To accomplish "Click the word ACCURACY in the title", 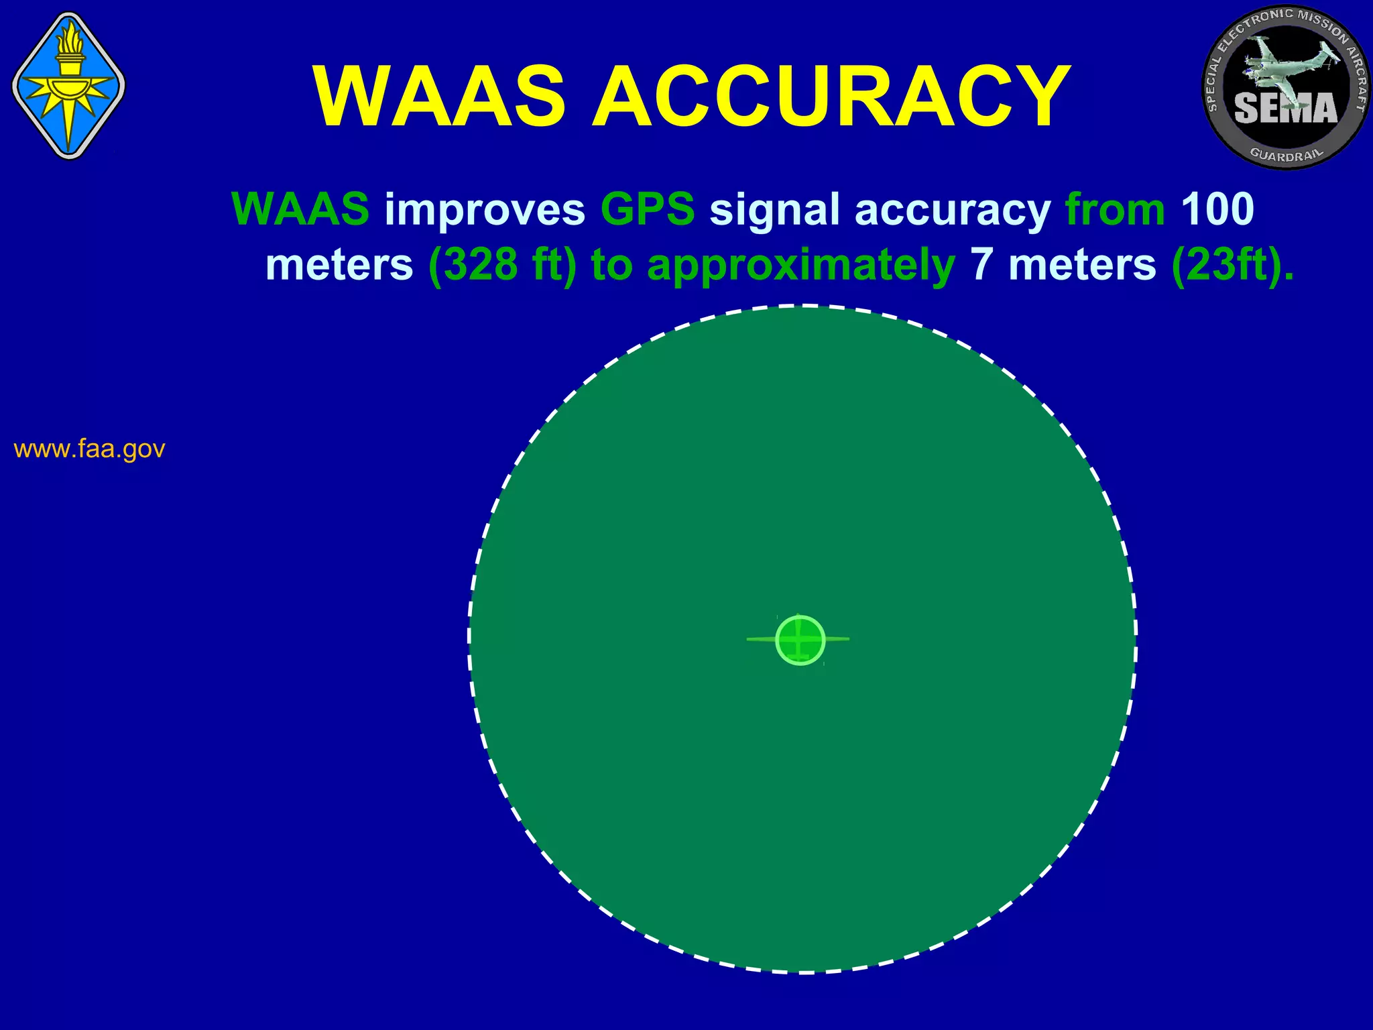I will click(x=831, y=97).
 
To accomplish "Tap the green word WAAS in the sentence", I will click(x=300, y=209).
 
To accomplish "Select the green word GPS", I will click(x=648, y=209).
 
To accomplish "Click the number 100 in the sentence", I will click(x=1217, y=209).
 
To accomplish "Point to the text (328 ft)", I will click(x=502, y=265).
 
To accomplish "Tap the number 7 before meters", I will click(x=981, y=265).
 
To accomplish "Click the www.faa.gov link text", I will click(x=89, y=449).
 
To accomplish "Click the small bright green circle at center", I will click(x=800, y=640).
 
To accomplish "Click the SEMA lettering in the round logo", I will click(x=1285, y=108).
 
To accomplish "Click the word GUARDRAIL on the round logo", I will click(x=1287, y=155).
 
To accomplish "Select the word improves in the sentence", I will click(x=485, y=209).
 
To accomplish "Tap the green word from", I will click(x=1115, y=209).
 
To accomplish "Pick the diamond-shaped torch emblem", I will click(x=68, y=86).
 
